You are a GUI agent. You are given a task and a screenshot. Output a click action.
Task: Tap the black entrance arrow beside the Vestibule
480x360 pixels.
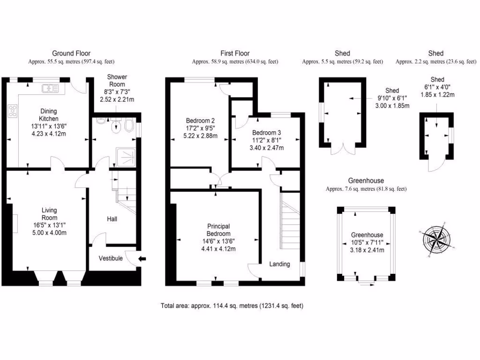[142, 258]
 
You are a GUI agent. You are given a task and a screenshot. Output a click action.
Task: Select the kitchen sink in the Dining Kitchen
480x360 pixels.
[49, 87]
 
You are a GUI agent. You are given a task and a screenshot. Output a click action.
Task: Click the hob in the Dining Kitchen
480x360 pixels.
[13, 112]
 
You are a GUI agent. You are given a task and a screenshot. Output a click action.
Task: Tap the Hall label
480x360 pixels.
[112, 219]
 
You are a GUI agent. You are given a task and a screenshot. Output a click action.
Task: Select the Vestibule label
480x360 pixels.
[111, 258]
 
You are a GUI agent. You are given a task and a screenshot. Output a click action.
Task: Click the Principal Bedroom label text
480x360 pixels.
[219, 230]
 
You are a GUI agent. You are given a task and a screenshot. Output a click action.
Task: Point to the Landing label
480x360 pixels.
[279, 264]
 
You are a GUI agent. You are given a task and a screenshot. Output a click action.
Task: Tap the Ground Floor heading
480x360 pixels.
[71, 53]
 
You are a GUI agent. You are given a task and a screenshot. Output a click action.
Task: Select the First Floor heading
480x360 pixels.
[235, 53]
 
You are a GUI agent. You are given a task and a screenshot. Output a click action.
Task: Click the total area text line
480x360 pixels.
[232, 306]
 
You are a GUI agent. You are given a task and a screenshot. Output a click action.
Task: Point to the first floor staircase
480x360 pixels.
[289, 220]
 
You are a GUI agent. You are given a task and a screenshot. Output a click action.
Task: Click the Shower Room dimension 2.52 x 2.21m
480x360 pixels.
[117, 99]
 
